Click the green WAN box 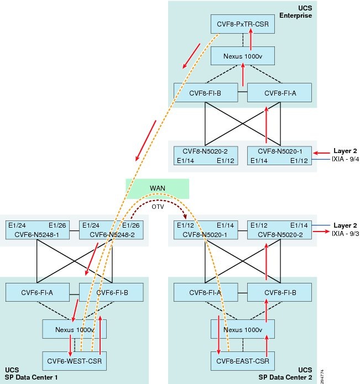tap(158, 188)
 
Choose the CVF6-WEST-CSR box tap(74, 362)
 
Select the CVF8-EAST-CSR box tap(243, 362)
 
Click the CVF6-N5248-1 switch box tap(39, 230)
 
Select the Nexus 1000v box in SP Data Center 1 tap(74, 329)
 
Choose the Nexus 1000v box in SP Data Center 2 tap(243, 329)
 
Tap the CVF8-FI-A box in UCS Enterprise tap(279, 92)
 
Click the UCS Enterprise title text tap(301, 12)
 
